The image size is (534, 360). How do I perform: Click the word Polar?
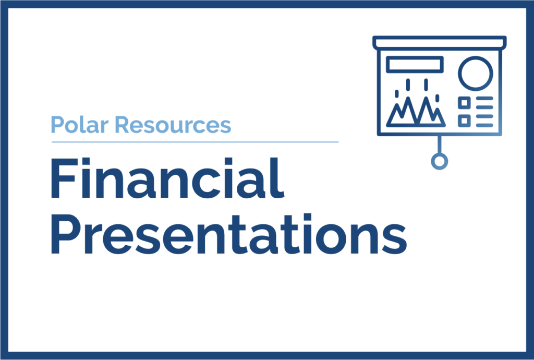(80, 125)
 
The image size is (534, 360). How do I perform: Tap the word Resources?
(173, 125)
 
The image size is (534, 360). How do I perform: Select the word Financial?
(167, 178)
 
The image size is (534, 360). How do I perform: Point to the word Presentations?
(229, 234)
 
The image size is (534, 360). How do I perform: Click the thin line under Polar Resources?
(195, 142)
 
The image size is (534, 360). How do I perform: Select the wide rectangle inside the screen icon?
(415, 64)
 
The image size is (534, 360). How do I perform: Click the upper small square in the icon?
(464, 103)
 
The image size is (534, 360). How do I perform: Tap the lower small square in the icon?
(464, 121)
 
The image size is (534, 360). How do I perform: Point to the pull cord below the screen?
(439, 145)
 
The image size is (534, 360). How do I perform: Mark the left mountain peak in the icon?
(408, 98)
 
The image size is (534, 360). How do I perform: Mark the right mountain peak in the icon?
(426, 98)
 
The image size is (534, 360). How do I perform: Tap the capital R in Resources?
(123, 125)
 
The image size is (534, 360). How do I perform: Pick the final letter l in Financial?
(280, 178)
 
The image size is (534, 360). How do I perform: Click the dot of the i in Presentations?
(308, 218)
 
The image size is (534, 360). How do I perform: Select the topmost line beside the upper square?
(484, 99)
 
